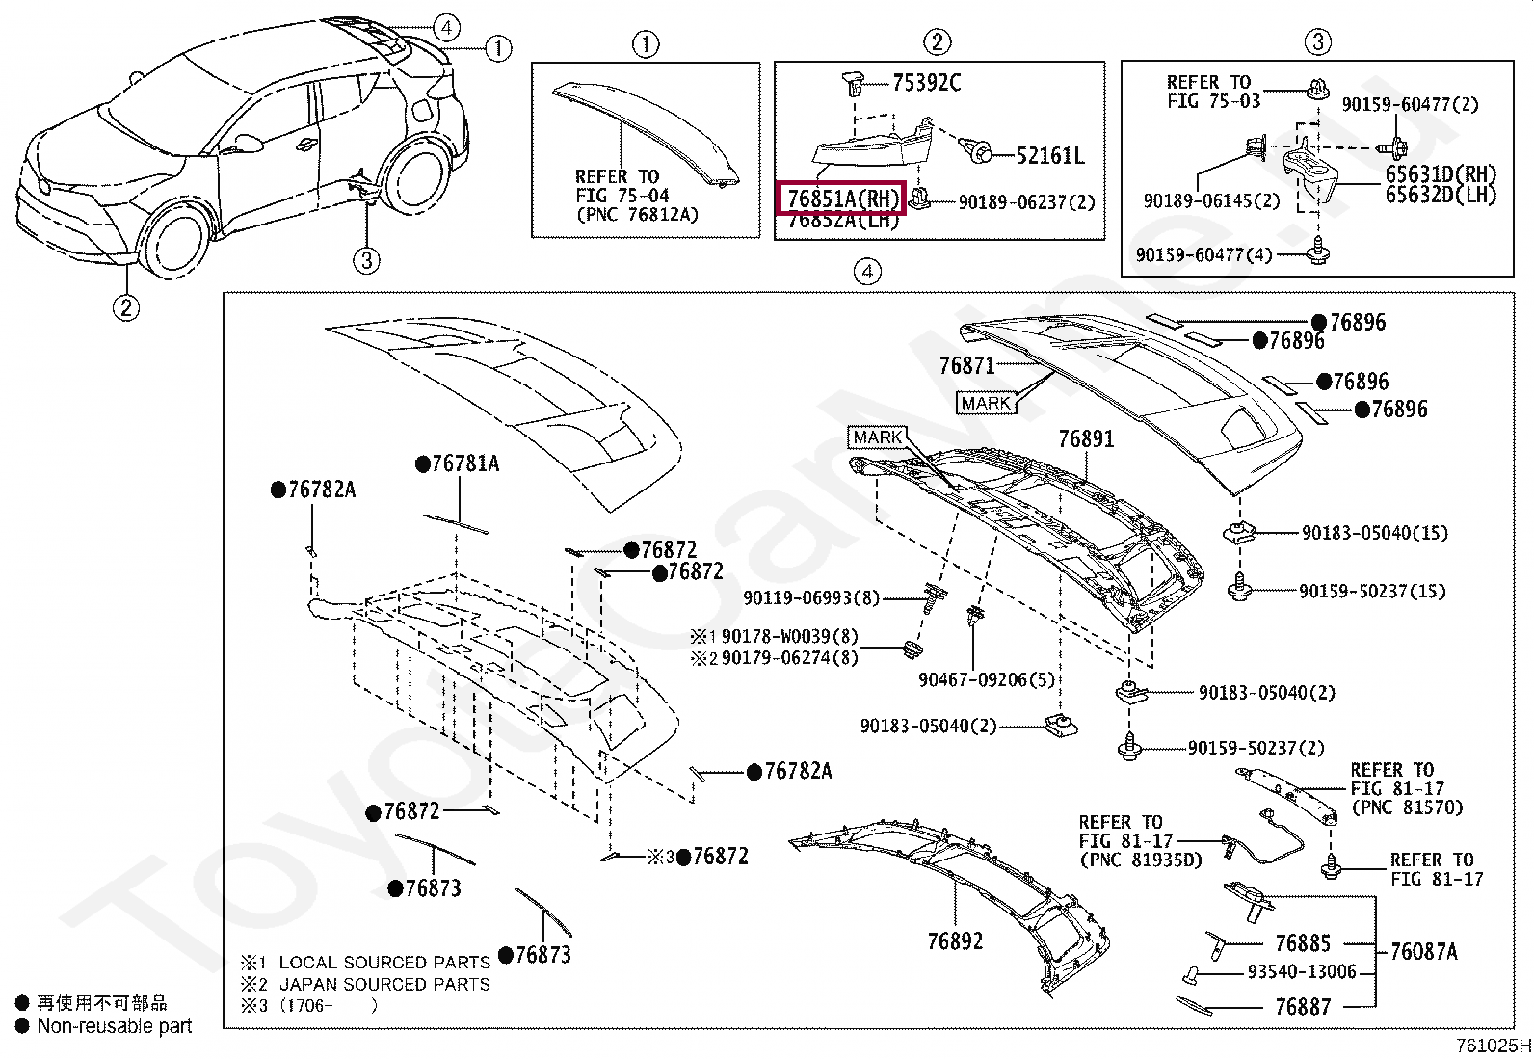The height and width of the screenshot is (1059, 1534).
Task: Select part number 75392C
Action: (x=926, y=83)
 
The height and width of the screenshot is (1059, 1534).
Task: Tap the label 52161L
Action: (x=1049, y=155)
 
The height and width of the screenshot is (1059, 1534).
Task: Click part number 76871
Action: (x=966, y=365)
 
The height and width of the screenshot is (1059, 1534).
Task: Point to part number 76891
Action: (x=1086, y=439)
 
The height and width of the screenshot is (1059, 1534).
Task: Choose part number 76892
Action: (x=955, y=941)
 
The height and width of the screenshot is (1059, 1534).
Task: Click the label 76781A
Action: (x=464, y=464)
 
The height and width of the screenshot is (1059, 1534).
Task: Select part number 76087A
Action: (x=1423, y=952)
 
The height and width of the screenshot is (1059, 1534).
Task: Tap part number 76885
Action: (x=1302, y=943)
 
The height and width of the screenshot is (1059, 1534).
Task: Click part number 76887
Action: (x=1302, y=1007)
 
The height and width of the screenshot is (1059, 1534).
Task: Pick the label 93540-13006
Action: (x=1301, y=972)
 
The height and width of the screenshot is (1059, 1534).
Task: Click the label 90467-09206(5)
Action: (x=986, y=680)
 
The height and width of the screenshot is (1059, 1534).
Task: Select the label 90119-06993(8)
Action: (x=810, y=598)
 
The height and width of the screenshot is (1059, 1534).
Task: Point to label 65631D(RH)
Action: (x=1441, y=174)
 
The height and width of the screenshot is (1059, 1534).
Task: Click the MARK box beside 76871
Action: (x=986, y=404)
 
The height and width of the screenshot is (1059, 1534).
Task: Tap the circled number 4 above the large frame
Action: (x=867, y=272)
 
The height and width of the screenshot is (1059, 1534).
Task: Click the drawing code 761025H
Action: (x=1492, y=1046)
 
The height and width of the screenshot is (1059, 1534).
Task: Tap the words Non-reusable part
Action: (x=114, y=1026)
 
